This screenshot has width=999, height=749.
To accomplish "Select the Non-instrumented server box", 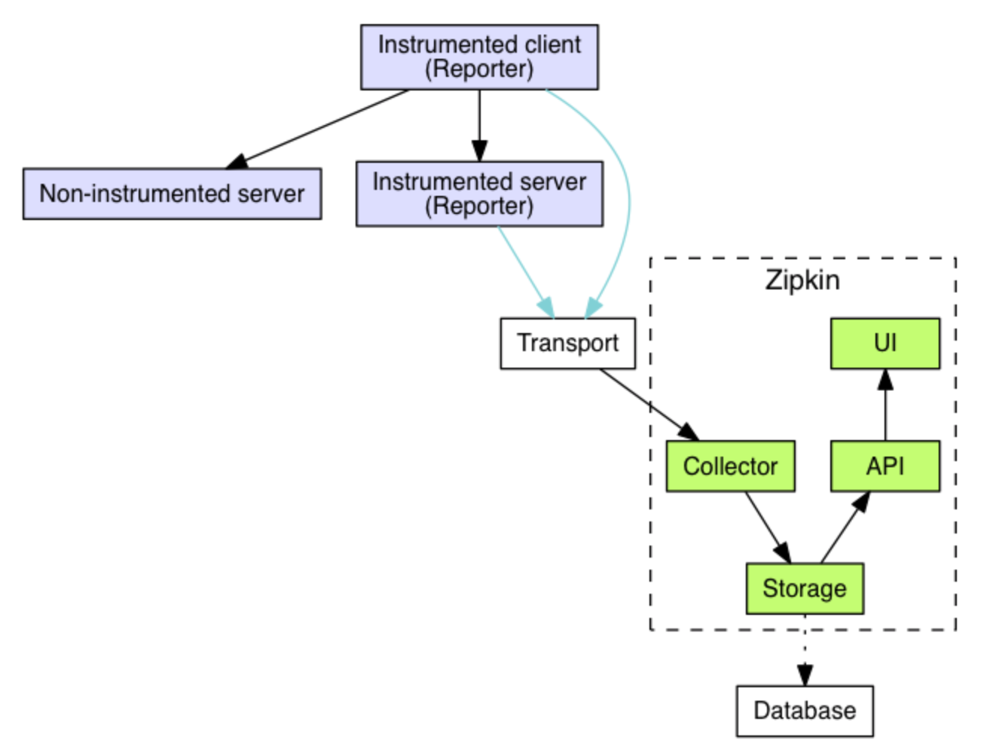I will (x=172, y=194).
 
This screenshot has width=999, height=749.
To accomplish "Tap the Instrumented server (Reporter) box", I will (x=479, y=194).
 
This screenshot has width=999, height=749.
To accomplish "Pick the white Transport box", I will (x=567, y=344).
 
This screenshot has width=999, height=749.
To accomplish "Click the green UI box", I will (x=884, y=344).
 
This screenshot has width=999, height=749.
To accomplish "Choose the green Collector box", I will (x=730, y=466).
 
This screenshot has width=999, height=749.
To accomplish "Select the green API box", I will (x=884, y=466).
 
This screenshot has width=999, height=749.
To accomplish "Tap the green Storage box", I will (x=804, y=588).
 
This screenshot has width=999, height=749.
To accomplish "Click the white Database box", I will (x=804, y=711).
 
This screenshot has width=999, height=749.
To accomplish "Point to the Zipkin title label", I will (x=802, y=280).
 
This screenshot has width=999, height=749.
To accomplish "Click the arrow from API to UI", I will (x=885, y=407).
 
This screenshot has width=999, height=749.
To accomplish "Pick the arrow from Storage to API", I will (x=844, y=527).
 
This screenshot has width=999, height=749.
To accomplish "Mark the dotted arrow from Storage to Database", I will (x=805, y=648).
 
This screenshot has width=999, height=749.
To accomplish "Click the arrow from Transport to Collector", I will (x=648, y=404).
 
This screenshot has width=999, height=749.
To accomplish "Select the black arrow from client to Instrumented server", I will (x=479, y=124).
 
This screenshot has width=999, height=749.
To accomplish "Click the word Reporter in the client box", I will (x=479, y=69).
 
